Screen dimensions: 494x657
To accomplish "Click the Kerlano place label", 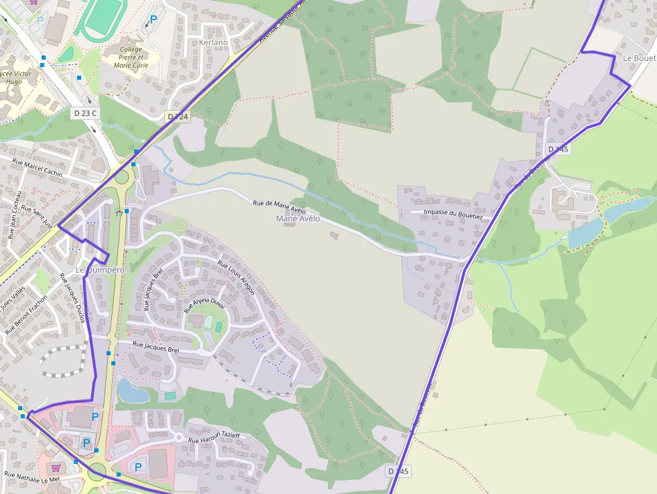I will [213, 42].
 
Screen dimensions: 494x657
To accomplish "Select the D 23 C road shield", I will [85, 113].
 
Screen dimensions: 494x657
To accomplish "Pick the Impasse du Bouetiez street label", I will [453, 214].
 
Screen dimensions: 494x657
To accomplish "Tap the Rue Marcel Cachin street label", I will [38, 168].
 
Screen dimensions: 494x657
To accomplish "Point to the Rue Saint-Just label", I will [38, 217].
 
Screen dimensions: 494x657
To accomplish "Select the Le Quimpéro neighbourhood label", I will [100, 269].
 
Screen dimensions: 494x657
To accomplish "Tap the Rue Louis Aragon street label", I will [237, 277].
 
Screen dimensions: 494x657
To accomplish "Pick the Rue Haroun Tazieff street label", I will [215, 437].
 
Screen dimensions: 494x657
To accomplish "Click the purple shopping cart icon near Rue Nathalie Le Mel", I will [56, 467].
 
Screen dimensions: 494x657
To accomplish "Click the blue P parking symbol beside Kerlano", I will [153, 20].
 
